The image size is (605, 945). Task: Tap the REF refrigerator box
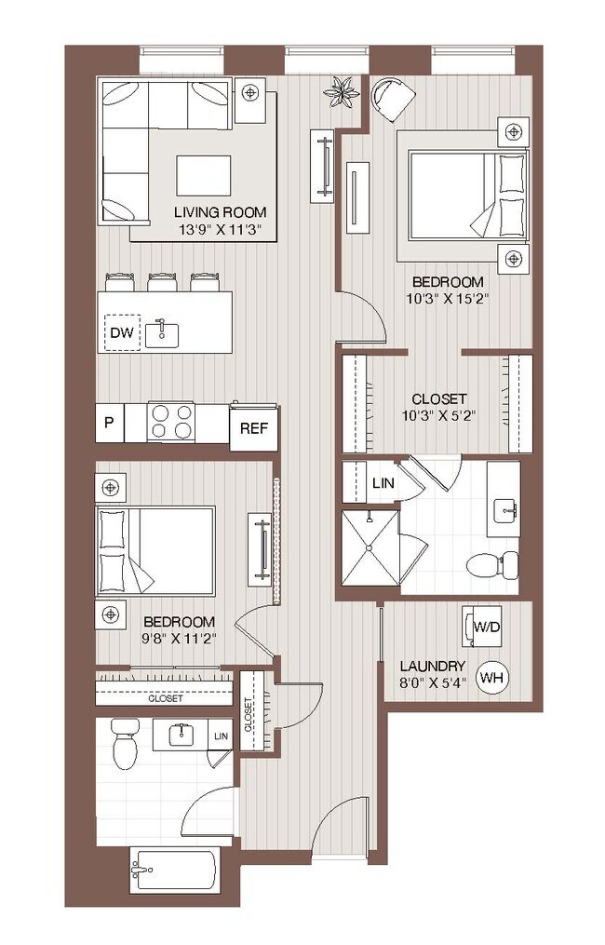pyautogui.click(x=253, y=428)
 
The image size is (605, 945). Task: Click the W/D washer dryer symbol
pyautogui.click(x=487, y=628)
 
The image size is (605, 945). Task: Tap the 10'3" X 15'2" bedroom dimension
pyautogui.click(x=448, y=299)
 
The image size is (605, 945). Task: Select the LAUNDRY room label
pyautogui.click(x=432, y=667)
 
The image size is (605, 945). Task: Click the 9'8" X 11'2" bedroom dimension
pyautogui.click(x=179, y=638)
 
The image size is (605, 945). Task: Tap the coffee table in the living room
pyautogui.click(x=203, y=175)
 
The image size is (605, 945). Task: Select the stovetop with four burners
pyautogui.click(x=171, y=422)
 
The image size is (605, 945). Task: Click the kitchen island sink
pyautogui.click(x=163, y=332)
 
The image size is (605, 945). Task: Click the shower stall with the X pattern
pyautogui.click(x=370, y=548)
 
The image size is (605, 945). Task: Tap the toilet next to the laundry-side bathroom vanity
pyautogui.click(x=491, y=563)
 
